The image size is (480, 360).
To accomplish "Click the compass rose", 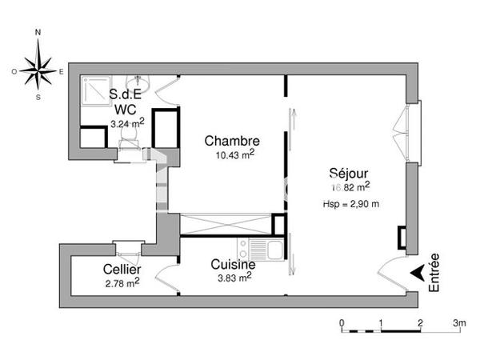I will pos(38,70).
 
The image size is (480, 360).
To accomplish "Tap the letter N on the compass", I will pos(38,33).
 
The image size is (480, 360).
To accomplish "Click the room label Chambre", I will pos(232,141).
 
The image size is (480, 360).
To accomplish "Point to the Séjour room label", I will pos(350,173).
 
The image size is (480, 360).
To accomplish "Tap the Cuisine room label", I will pos(233,265).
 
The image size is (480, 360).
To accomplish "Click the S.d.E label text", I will pos(126,94).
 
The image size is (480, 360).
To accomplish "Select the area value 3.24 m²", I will pos(126,123).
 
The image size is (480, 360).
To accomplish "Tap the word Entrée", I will pos(434,273).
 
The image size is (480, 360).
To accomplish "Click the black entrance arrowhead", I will pos(418,273).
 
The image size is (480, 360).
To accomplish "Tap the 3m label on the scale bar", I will pos(458,323).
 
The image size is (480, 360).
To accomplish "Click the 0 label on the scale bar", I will pos(342,323).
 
